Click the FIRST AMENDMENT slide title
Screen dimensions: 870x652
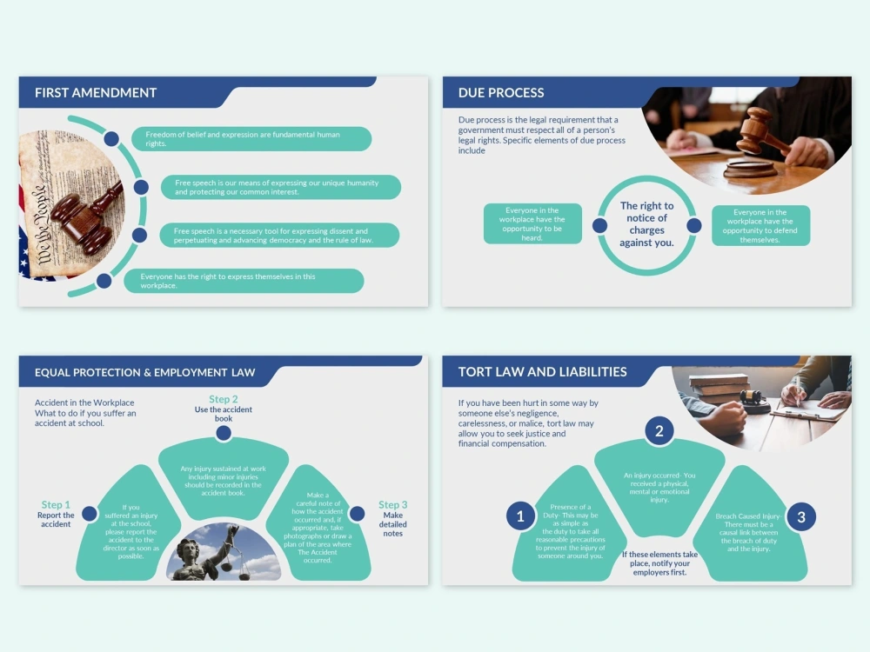pos(96,93)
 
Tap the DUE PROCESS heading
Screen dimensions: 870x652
pos(501,93)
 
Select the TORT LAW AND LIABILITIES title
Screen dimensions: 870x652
pos(543,371)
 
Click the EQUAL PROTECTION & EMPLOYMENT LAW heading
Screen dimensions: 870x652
pos(144,373)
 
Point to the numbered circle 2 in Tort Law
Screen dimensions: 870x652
pos(659,431)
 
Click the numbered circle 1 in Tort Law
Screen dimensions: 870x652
pos(520,516)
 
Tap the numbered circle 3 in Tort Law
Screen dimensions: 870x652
pos(801,516)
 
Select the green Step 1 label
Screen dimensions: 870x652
pos(56,504)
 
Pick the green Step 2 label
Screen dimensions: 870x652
pos(224,399)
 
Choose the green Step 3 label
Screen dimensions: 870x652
pos(393,504)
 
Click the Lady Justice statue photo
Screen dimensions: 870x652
pos(224,552)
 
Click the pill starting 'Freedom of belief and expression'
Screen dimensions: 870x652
pos(251,138)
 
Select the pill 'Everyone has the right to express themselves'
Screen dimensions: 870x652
pos(244,281)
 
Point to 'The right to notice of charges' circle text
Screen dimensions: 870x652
pos(647,224)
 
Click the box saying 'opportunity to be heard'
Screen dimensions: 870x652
pos(532,223)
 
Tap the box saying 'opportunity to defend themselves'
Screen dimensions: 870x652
pos(760,226)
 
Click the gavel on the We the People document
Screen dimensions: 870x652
pos(86,216)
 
